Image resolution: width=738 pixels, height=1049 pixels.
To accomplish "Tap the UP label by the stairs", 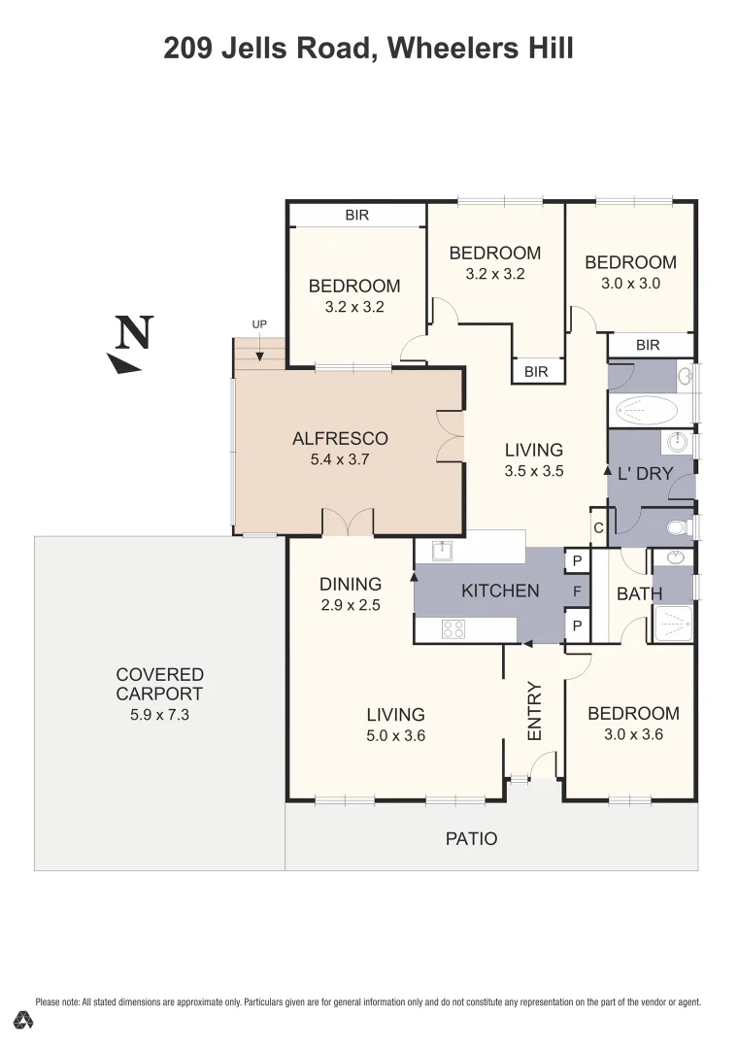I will (x=259, y=324).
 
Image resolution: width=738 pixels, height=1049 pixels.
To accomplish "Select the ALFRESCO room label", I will (x=340, y=438).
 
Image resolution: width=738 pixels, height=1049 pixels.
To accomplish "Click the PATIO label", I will (x=471, y=838).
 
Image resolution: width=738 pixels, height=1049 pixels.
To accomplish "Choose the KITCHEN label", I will (x=500, y=591).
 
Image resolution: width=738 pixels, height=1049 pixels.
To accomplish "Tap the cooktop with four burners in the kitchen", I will (x=453, y=628).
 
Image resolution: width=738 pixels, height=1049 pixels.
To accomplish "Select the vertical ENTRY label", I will (x=534, y=712).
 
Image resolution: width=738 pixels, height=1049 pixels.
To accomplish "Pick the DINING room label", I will (x=351, y=584).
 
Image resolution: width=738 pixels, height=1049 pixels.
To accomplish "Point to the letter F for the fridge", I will (x=577, y=592).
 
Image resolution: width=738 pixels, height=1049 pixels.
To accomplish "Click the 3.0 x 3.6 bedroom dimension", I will (x=633, y=734).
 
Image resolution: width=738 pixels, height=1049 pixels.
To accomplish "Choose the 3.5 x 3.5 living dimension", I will (x=534, y=471).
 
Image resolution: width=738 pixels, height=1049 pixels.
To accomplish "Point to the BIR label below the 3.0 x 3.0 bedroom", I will (x=648, y=345).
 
